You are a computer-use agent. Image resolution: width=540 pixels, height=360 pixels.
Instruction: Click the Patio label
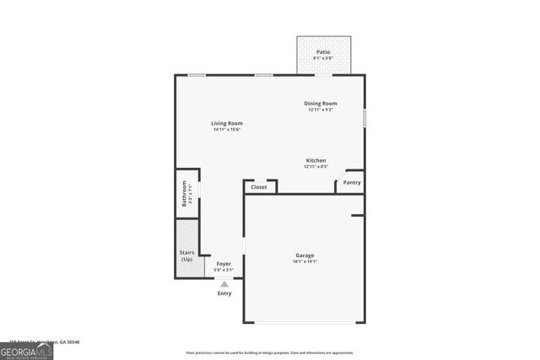(323, 52)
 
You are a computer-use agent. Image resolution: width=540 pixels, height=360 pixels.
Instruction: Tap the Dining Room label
(321, 104)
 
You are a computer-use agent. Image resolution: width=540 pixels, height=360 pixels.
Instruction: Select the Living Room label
(227, 123)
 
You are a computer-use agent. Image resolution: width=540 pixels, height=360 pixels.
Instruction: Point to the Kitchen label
(316, 160)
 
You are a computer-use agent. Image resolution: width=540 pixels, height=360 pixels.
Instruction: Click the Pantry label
(352, 182)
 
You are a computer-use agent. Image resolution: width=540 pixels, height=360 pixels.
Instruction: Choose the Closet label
(259, 187)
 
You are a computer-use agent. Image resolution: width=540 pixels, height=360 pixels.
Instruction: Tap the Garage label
(305, 255)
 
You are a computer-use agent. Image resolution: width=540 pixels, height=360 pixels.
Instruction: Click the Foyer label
(224, 264)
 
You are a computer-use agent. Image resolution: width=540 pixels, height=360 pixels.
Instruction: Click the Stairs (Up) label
(186, 255)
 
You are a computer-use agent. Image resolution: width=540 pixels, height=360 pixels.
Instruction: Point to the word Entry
(224, 293)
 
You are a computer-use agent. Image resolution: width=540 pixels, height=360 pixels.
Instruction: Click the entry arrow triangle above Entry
(224, 284)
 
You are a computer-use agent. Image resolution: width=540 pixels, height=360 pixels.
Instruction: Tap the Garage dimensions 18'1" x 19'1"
(305, 261)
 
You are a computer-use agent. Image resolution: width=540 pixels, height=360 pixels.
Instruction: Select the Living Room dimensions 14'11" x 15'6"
(227, 129)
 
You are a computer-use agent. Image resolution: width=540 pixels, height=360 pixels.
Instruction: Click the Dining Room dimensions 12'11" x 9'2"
(321, 110)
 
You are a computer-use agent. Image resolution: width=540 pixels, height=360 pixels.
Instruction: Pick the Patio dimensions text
(323, 58)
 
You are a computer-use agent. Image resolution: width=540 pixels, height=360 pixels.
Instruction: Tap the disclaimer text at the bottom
(270, 353)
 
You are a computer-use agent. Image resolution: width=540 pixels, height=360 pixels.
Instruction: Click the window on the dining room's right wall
(364, 117)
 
